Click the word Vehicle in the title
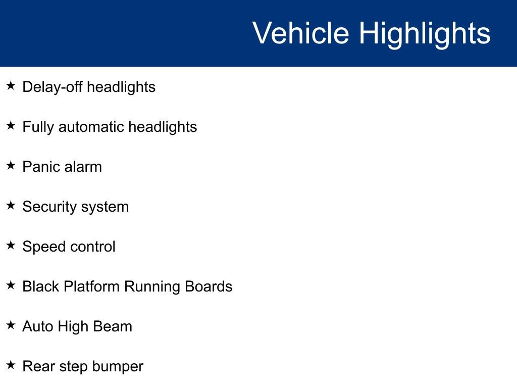tap(300, 33)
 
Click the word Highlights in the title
tap(425, 33)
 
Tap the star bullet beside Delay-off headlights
tap(11, 86)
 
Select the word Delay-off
tap(53, 87)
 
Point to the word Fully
tap(38, 127)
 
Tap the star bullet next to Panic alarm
tap(11, 166)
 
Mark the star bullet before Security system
tap(11, 206)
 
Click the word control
tap(93, 247)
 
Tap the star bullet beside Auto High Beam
tap(11, 325)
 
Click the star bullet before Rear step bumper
tap(11, 365)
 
